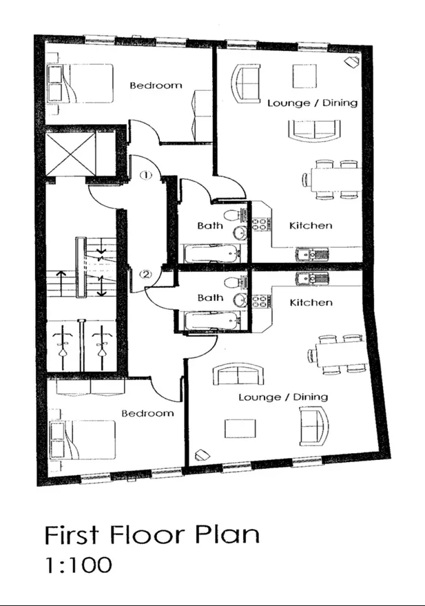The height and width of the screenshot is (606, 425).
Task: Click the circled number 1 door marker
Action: (x=146, y=175)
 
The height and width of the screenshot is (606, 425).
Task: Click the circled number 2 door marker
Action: (x=146, y=275)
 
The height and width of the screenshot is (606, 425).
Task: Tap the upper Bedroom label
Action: (x=156, y=85)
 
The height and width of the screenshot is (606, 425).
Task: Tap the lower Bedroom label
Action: (x=147, y=413)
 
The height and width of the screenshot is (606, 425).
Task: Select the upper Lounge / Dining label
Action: (x=313, y=103)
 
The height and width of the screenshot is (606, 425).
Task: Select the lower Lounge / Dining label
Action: (x=284, y=397)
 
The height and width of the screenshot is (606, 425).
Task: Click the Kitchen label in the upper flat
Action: (x=311, y=225)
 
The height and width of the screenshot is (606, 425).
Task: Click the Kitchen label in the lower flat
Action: (x=311, y=302)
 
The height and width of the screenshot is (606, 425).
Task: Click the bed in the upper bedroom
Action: (x=80, y=84)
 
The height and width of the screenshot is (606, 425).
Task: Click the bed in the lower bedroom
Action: (x=83, y=440)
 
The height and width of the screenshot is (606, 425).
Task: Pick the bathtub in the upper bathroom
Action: (x=211, y=253)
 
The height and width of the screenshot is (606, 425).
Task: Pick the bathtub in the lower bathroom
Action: (x=211, y=321)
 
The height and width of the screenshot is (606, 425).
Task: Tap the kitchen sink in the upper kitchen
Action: (x=313, y=255)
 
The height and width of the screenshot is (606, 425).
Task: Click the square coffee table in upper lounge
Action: (x=304, y=76)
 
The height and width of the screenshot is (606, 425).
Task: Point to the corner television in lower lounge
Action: (x=203, y=455)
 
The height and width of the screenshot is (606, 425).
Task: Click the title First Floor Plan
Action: (x=152, y=535)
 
